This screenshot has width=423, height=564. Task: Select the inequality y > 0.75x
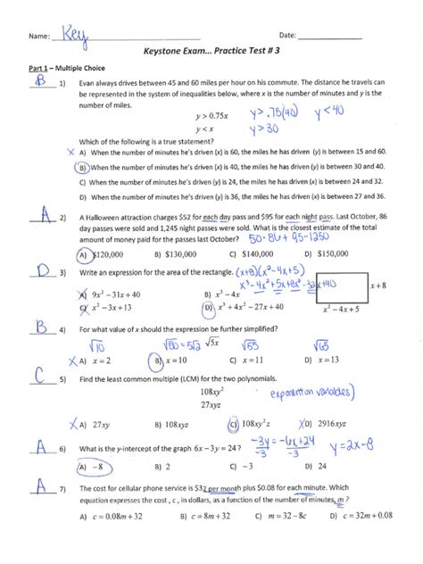pos(210,114)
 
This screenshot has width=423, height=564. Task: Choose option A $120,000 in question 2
pos(101,253)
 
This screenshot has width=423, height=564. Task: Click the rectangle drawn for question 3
pos(338,286)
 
